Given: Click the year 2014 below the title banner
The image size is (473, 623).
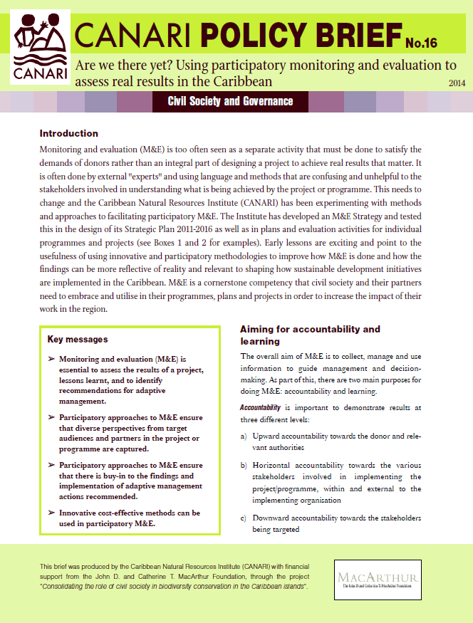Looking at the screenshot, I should [x=457, y=83].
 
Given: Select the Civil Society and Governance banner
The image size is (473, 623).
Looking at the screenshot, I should [x=230, y=101].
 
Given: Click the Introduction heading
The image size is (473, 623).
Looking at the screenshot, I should [x=69, y=133].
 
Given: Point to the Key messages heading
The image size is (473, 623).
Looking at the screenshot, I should [x=78, y=339].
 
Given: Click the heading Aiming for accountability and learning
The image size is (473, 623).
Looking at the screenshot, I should [x=310, y=335].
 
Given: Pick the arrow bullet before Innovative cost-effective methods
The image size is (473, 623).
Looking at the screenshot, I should [x=51, y=513].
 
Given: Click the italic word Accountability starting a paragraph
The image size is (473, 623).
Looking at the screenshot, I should [x=261, y=408].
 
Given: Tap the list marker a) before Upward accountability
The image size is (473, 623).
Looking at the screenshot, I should [x=244, y=434].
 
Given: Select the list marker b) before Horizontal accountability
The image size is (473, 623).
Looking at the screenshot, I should [x=244, y=466].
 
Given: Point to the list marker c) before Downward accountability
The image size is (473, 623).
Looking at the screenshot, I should [x=244, y=518].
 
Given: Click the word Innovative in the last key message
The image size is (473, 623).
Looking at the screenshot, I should [x=83, y=513].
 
